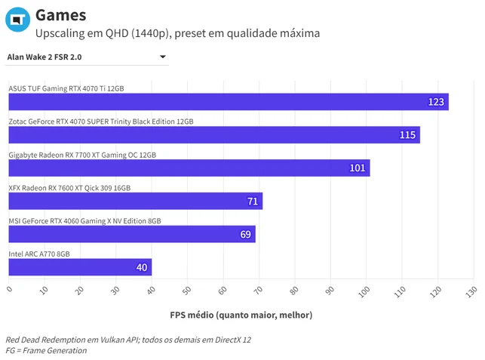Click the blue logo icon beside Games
click(17, 20)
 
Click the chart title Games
click(61, 15)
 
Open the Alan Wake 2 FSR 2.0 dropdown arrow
click(163, 57)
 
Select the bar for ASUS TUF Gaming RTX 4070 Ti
click(229, 102)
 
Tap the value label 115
click(407, 135)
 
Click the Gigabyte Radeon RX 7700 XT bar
click(189, 168)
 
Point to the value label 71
click(253, 202)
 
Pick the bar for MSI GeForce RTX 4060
click(132, 234)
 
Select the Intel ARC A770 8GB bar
click(80, 267)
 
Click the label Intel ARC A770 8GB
click(39, 254)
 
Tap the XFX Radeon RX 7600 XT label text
click(69, 188)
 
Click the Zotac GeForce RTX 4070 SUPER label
click(101, 122)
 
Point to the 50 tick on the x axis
click(186, 291)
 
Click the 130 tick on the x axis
click(471, 291)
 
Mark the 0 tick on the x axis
click(10, 289)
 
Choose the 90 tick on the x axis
click(330, 291)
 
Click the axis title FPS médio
click(241, 315)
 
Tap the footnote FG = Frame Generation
click(46, 350)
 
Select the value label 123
click(436, 102)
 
